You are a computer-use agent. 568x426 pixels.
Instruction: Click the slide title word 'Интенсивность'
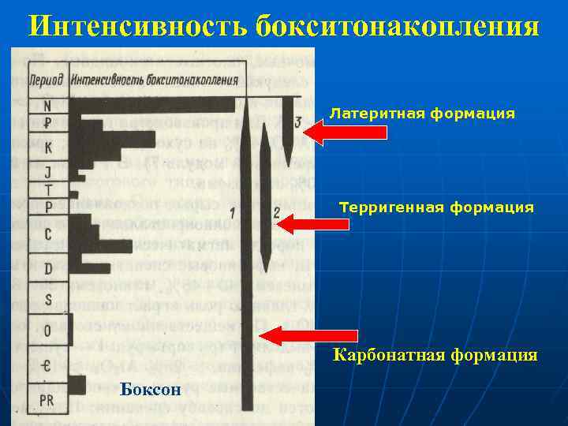click(x=137, y=27)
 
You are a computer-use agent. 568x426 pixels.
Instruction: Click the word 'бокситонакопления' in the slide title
click(x=398, y=27)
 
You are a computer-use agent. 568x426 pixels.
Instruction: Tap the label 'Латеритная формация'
click(x=422, y=114)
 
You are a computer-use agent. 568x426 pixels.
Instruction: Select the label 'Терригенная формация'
click(x=436, y=207)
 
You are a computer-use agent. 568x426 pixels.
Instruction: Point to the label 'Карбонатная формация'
click(x=435, y=355)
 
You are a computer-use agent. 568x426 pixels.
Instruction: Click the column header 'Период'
click(x=47, y=81)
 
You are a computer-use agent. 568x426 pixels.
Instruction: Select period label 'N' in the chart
click(x=48, y=104)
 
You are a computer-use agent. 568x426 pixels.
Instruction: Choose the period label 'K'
click(x=48, y=147)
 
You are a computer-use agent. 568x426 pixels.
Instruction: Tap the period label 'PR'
click(x=47, y=400)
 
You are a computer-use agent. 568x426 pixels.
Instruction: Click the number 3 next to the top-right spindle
click(x=297, y=122)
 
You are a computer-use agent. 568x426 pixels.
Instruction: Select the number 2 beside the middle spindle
click(x=276, y=212)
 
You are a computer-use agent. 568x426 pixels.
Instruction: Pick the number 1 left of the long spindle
click(x=233, y=212)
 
